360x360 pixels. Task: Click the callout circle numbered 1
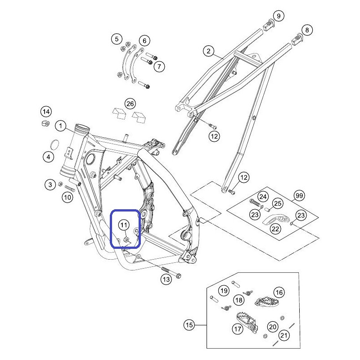click(x=61, y=126)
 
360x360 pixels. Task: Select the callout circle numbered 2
click(x=208, y=51)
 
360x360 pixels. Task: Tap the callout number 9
click(x=279, y=16)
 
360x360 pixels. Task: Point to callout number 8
click(x=307, y=30)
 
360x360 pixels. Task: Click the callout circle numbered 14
click(x=46, y=112)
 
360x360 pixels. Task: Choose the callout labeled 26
click(x=130, y=104)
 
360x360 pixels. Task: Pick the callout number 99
click(x=299, y=196)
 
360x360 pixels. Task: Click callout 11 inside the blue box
click(x=124, y=225)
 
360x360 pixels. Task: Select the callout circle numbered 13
click(x=166, y=279)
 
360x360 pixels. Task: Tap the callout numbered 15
click(x=189, y=325)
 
